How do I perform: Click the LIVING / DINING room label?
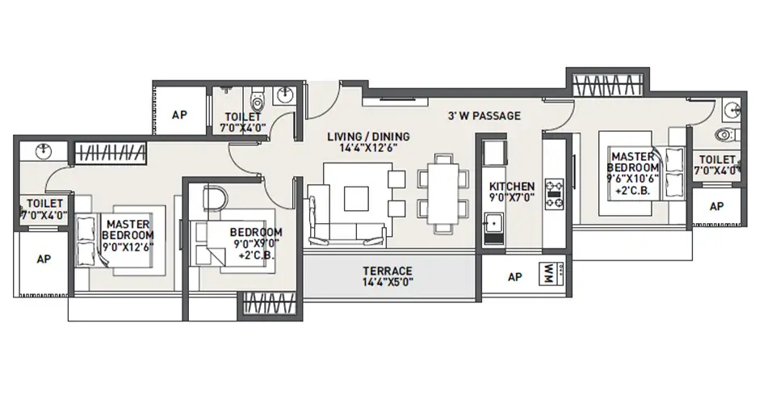tap(368, 136)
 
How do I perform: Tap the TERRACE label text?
tap(387, 270)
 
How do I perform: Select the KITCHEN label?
tap(512, 187)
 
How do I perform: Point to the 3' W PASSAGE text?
tap(484, 116)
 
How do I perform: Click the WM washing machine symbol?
tap(549, 276)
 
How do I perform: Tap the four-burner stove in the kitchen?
tap(555, 193)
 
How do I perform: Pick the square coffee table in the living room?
tap(354, 199)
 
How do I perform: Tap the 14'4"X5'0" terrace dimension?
tap(387, 283)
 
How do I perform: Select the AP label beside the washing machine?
tap(514, 276)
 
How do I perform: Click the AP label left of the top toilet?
tap(179, 115)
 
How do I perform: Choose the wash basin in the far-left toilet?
tap(41, 152)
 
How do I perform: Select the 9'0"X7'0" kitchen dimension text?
tap(512, 199)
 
